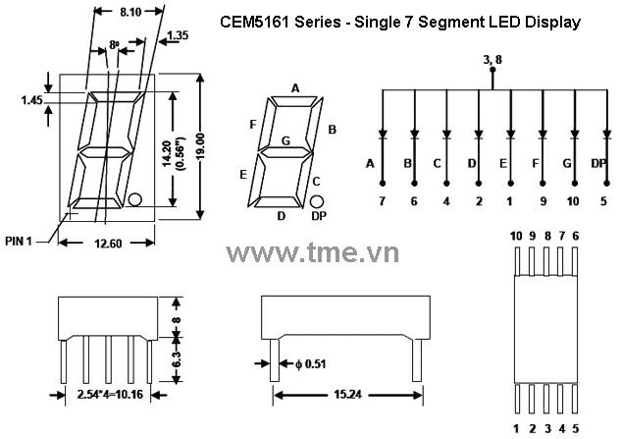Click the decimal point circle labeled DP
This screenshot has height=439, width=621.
tap(318, 199)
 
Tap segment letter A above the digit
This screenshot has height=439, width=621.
tap(294, 88)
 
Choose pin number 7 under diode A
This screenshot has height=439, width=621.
tap(383, 200)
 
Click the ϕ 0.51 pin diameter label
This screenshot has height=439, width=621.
tap(311, 365)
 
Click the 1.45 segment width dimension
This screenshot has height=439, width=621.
tap(32, 99)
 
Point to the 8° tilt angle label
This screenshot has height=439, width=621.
tap(114, 45)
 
